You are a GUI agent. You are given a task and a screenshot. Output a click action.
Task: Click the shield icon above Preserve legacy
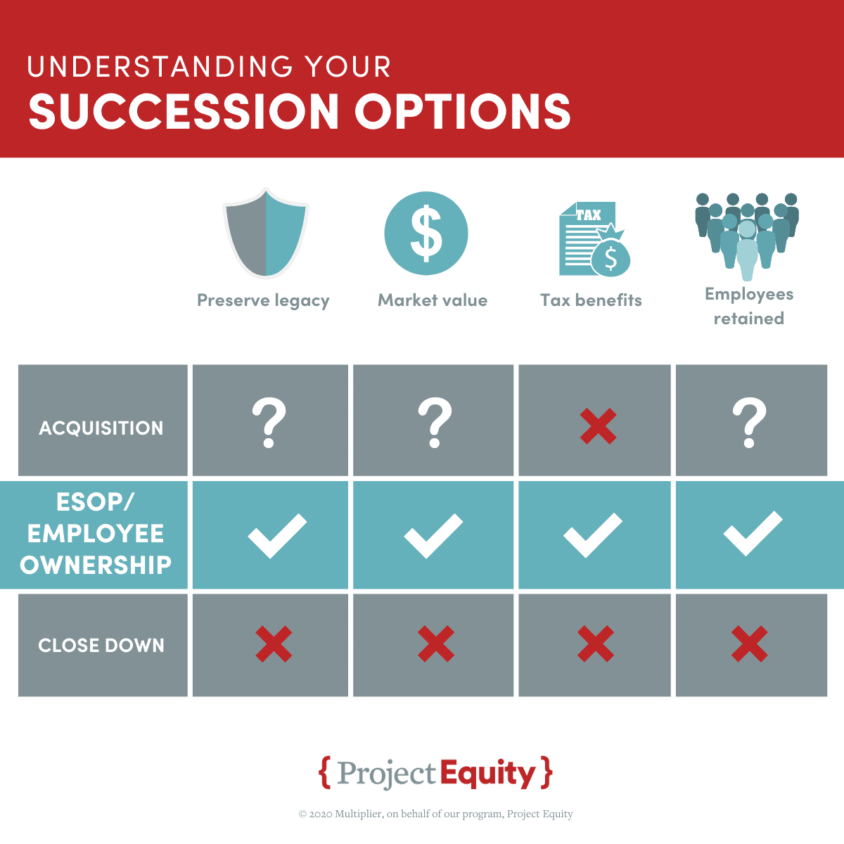click(x=266, y=234)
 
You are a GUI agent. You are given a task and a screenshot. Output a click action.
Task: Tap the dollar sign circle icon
click(x=426, y=234)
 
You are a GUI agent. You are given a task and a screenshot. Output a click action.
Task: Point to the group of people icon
click(x=747, y=236)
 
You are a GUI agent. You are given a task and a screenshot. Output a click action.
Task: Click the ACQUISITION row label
click(x=101, y=428)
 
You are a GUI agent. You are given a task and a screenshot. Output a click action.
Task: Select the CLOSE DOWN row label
click(x=101, y=645)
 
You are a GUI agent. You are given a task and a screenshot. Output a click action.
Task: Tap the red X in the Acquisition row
click(x=598, y=426)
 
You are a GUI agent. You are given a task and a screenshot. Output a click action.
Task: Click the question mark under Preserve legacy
click(x=269, y=423)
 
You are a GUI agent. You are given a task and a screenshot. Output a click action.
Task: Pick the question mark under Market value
click(x=435, y=423)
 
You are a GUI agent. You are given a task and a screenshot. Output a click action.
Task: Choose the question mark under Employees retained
click(x=749, y=423)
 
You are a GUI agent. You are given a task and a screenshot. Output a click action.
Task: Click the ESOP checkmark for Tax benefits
click(x=593, y=535)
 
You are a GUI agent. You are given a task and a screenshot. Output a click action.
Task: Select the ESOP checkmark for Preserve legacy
click(x=277, y=536)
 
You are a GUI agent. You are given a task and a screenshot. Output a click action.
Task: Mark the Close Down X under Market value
click(x=436, y=644)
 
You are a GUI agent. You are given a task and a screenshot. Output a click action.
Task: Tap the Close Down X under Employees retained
click(x=749, y=644)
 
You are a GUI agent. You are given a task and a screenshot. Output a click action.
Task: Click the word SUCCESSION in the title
click(x=184, y=111)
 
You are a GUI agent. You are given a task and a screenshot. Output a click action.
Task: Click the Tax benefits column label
click(x=591, y=300)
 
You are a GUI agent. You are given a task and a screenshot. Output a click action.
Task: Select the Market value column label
click(x=433, y=300)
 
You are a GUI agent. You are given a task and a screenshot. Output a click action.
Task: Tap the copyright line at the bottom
click(x=436, y=814)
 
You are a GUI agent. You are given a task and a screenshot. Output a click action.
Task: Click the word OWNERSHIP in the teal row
click(x=96, y=565)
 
